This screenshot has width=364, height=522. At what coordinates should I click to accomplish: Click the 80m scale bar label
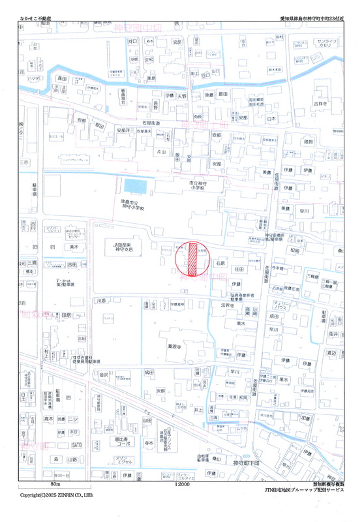[x=54, y=485]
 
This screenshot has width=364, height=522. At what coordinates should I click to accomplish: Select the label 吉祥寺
[x=320, y=103]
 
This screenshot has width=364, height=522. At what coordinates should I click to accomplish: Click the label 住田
[x=239, y=269]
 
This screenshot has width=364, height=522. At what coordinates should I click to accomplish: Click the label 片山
[x=159, y=151]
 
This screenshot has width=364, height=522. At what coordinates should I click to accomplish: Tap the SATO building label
[x=75, y=444]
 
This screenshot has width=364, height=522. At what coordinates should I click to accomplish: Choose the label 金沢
[x=104, y=375]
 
